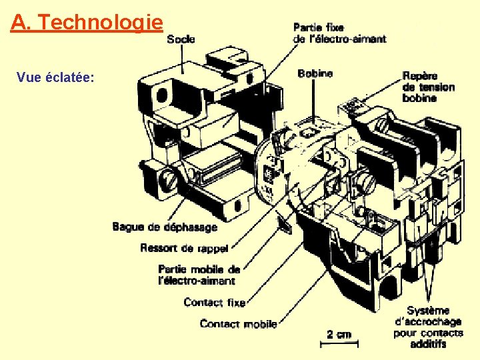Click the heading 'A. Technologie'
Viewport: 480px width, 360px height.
(x=87, y=23)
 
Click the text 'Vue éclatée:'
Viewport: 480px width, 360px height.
(x=55, y=77)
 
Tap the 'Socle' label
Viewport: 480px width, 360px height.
(x=181, y=39)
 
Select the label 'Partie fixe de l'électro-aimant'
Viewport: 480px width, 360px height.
(x=339, y=33)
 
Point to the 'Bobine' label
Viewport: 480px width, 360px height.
(x=315, y=73)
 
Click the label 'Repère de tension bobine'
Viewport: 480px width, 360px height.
(x=429, y=87)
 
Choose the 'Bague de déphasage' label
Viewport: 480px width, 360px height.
(x=165, y=227)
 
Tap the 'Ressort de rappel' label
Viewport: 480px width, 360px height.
(x=184, y=248)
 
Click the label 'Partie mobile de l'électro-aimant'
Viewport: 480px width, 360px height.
(x=199, y=275)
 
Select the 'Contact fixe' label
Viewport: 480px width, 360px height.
(x=215, y=303)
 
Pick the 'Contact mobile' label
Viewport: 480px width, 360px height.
(x=238, y=324)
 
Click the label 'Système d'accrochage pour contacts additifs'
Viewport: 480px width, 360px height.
(x=428, y=327)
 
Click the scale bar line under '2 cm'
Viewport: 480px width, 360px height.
(x=339, y=344)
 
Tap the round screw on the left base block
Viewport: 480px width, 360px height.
(x=168, y=179)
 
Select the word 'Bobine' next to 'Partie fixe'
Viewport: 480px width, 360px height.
(x=315, y=73)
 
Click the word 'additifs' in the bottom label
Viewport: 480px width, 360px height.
(x=428, y=344)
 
